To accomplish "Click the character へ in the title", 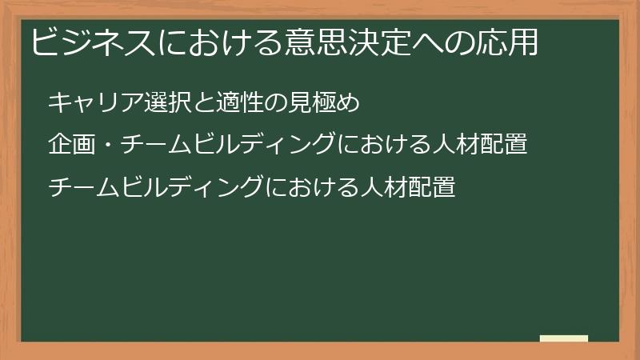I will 414,42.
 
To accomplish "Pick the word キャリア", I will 86,103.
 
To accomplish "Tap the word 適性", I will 218,103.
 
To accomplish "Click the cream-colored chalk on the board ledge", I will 564,338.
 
